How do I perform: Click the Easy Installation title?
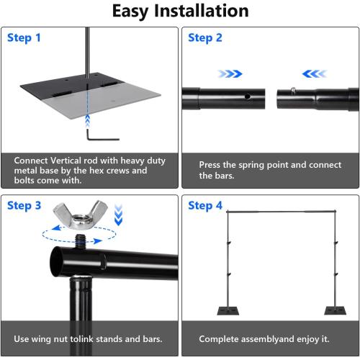[180, 11]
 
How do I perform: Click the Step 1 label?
[24, 38]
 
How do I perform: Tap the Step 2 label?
[205, 38]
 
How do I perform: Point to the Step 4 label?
[205, 206]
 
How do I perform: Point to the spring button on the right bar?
[294, 89]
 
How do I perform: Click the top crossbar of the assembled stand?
[279, 212]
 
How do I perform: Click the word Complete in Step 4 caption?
[220, 338]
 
